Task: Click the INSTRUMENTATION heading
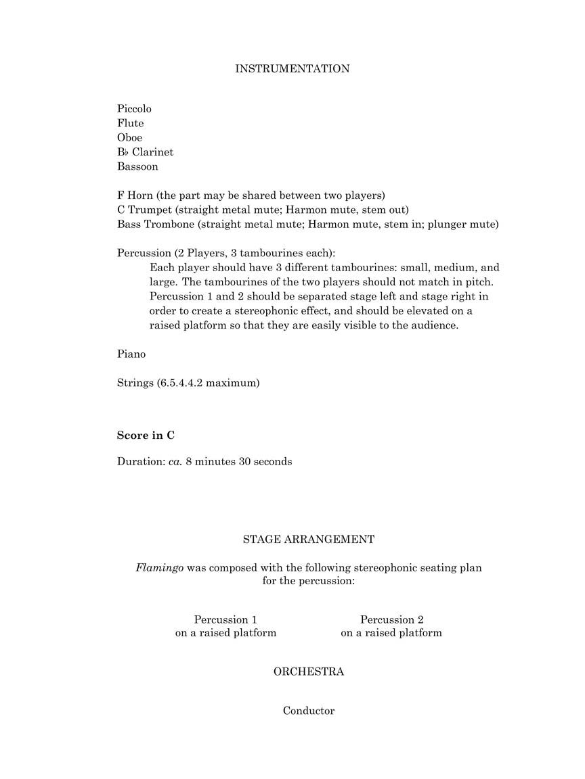[x=292, y=69]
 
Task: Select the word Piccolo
[x=134, y=109]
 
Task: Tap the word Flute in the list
[x=130, y=123]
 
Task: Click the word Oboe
[x=129, y=138]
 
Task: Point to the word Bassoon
[x=137, y=166]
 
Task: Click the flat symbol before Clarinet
[x=126, y=152]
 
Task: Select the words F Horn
[x=135, y=195]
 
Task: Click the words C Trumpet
[x=144, y=210]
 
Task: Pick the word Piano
[x=131, y=354]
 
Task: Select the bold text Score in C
[x=146, y=435]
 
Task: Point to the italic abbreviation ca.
[x=175, y=462]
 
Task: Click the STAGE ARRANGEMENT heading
[x=308, y=540]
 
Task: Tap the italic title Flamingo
[x=159, y=568]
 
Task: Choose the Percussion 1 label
[x=225, y=619]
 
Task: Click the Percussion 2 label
[x=391, y=619]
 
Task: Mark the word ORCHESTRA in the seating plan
[x=308, y=671]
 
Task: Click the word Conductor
[x=308, y=711]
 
